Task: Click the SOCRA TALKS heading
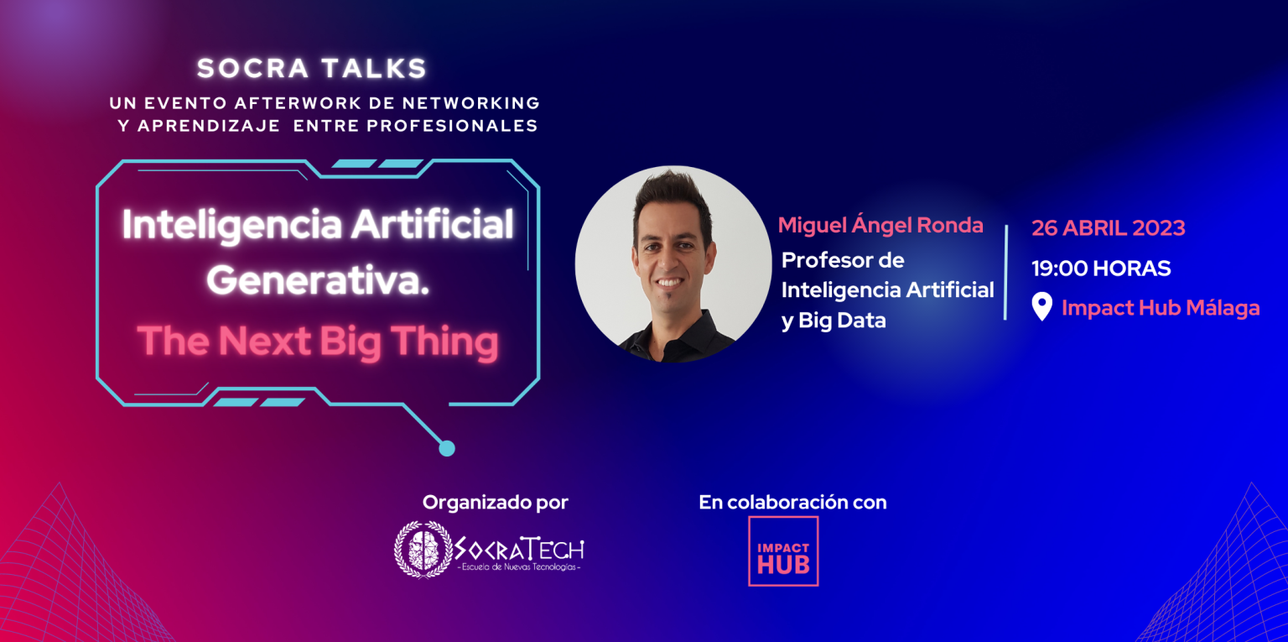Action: coord(312,69)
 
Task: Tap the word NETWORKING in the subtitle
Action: coord(471,103)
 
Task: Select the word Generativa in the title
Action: coord(318,281)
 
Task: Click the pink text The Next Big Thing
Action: coord(318,342)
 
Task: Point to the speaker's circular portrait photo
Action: coord(673,264)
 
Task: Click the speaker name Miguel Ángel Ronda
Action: coord(880,224)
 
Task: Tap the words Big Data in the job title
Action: coord(843,320)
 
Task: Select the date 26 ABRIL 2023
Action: coord(1108,227)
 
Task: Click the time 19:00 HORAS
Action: coord(1101,269)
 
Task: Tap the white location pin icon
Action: coord(1042,306)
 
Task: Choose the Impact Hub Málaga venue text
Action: coord(1161,308)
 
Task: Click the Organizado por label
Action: coord(495,503)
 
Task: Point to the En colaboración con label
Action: coord(792,503)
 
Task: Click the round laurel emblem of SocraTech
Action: coord(423,550)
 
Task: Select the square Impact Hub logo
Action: coord(783,551)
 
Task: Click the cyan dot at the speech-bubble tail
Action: coord(447,448)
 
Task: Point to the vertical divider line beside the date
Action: coord(1005,272)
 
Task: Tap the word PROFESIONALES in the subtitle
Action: coord(452,125)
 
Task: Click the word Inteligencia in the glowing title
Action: coord(231,225)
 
